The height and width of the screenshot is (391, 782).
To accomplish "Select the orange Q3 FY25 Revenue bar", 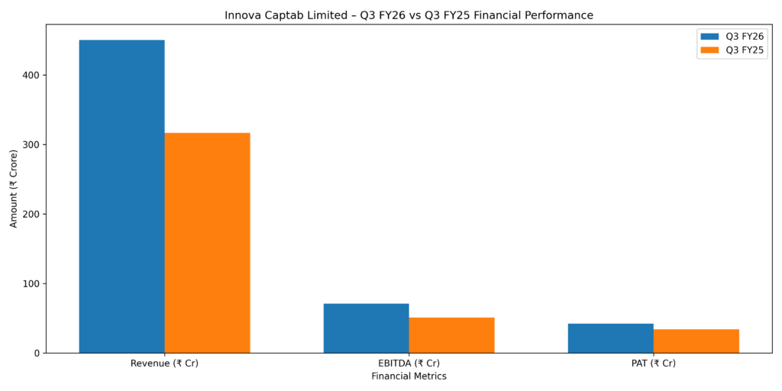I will [x=207, y=243].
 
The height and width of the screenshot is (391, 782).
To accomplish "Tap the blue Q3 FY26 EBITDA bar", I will [x=366, y=328].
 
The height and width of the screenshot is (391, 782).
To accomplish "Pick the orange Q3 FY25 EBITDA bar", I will [x=451, y=335].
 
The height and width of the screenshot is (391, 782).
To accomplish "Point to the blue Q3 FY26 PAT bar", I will [x=610, y=338].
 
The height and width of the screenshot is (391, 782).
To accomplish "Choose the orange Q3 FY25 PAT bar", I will [x=696, y=341].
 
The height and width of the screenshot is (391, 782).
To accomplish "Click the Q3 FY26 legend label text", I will [x=744, y=36].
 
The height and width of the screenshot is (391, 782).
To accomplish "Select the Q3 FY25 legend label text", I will [x=744, y=50].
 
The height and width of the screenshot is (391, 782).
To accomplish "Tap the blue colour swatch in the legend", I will [x=709, y=36].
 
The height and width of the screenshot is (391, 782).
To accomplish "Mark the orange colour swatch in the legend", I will [x=709, y=50].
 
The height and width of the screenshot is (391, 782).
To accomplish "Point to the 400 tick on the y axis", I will [x=33, y=75].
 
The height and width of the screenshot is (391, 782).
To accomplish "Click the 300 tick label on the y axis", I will [x=33, y=144].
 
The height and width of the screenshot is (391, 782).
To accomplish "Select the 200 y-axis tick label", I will [x=33, y=214].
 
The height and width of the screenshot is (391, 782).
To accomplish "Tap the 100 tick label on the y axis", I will [x=33, y=283].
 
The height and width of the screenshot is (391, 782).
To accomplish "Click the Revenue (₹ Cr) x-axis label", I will [x=164, y=364].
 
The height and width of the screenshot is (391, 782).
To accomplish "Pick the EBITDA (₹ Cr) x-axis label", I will [x=409, y=364].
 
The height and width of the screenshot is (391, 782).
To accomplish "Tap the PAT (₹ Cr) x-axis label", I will [x=653, y=364].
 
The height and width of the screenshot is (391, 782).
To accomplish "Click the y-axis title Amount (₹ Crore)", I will [x=14, y=188].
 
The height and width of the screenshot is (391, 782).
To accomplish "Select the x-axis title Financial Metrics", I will [x=409, y=376].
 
